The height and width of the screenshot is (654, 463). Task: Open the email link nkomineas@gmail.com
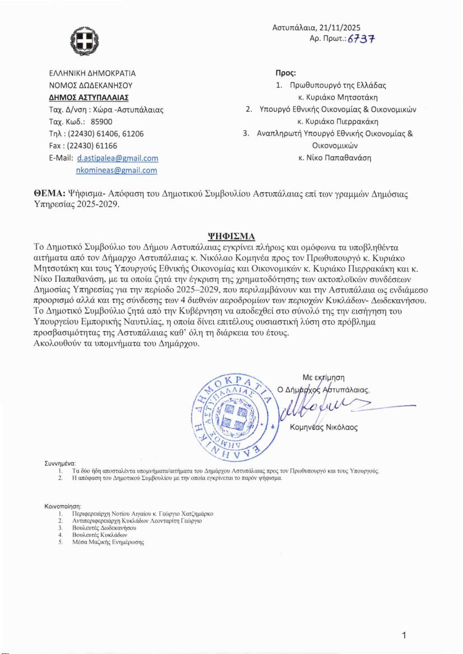116,170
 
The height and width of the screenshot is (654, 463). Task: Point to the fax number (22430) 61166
89,146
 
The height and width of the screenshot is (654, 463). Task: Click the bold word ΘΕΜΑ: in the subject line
50,195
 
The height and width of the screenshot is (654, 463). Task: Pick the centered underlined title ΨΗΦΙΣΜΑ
231,235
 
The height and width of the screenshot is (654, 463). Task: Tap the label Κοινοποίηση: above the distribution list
63,506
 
